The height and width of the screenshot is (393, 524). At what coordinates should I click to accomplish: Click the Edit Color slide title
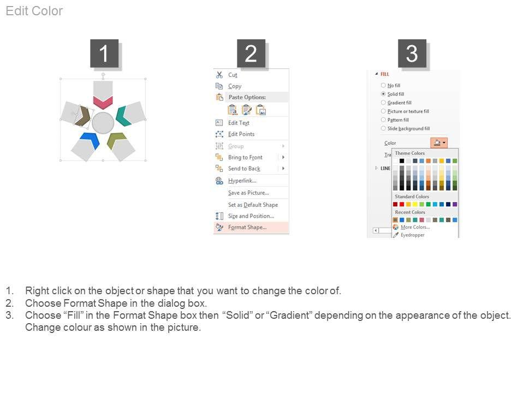point(34,11)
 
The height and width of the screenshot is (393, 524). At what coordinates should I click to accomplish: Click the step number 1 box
point(104,53)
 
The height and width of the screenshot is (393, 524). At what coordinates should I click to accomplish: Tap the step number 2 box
point(251,53)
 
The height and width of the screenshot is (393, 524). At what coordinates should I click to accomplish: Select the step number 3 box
point(412,53)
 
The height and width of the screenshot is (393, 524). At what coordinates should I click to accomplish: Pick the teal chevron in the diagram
point(122,116)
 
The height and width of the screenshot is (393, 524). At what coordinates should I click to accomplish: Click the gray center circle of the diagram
point(103,123)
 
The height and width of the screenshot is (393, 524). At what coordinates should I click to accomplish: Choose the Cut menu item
point(233,75)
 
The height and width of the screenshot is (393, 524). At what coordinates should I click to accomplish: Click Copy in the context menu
point(235,86)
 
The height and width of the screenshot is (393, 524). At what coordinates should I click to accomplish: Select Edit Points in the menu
point(241,134)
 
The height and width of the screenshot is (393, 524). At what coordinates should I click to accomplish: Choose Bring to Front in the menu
point(245,157)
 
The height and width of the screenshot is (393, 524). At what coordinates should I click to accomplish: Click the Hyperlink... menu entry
point(242,181)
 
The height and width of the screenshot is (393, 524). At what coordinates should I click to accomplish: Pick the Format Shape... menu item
point(247,227)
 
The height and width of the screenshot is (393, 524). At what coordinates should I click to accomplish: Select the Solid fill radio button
point(383,94)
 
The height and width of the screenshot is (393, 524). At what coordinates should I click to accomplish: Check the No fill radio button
point(383,85)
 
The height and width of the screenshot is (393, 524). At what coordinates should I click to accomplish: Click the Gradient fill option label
point(400,103)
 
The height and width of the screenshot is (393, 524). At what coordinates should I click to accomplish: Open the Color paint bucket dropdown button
point(439,143)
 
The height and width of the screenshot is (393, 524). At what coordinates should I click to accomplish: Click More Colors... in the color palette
point(415,227)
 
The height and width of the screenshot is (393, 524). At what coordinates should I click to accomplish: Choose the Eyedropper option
point(413,235)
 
